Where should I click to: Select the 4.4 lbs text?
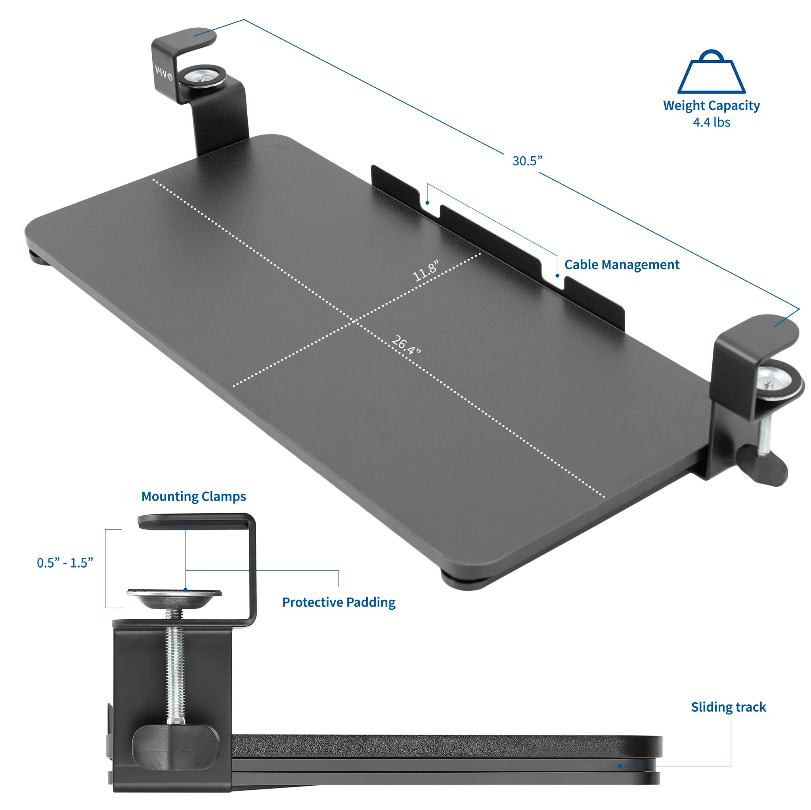pos(711,122)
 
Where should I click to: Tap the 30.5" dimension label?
pos(527,161)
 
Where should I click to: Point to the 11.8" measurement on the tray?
pos(426,271)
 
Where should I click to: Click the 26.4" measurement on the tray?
pos(405,344)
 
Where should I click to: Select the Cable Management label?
pos(621,265)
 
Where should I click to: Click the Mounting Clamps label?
pos(193,497)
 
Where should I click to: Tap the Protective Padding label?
pos(339,603)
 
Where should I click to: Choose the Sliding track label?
pos(728,707)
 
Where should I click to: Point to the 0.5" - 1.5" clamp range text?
pos(65,563)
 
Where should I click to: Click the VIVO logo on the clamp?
pos(164,73)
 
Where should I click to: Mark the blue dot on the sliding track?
pos(620,766)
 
